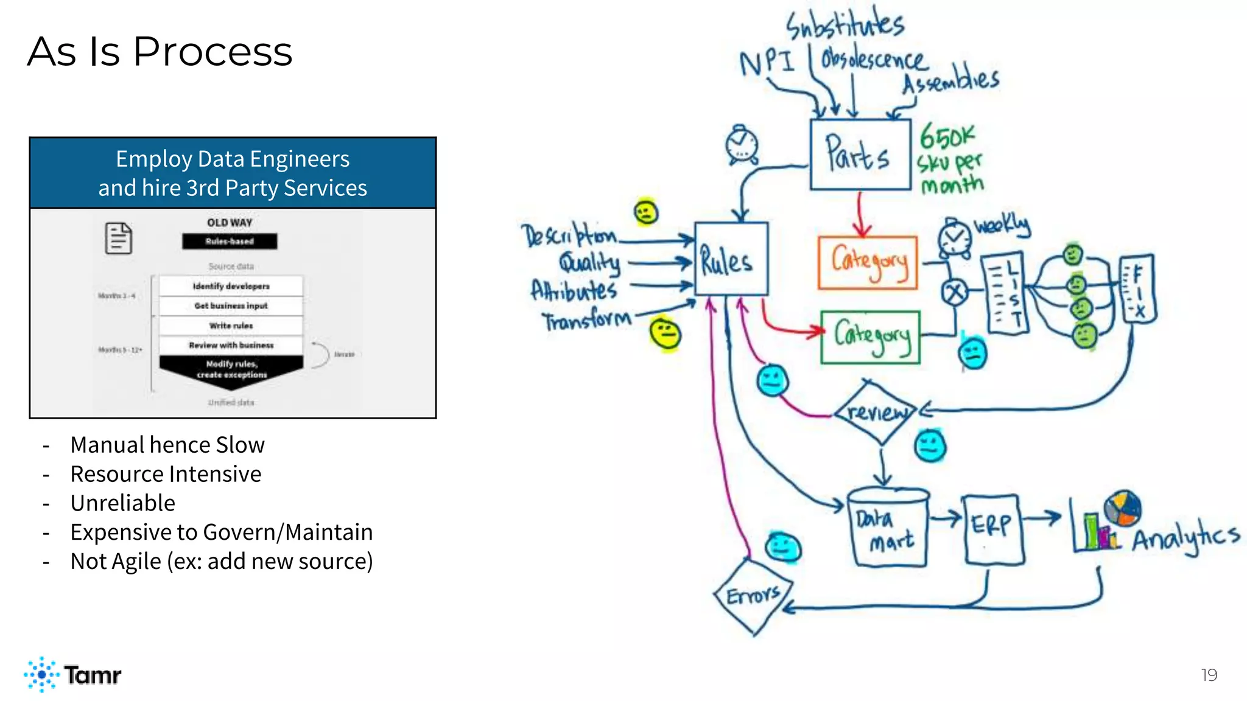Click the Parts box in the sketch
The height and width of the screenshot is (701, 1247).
(860, 155)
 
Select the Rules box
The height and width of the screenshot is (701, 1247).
(731, 259)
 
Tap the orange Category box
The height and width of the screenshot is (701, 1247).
(868, 262)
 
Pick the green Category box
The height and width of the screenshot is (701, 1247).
(870, 337)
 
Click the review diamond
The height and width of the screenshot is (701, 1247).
(876, 412)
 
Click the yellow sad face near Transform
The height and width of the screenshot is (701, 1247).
(664, 334)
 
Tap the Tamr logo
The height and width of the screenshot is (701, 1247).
(73, 674)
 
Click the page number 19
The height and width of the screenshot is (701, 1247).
(1209, 675)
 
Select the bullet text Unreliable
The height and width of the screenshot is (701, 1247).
(122, 503)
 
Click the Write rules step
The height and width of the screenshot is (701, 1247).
(231, 326)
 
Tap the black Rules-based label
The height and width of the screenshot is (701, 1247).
(230, 242)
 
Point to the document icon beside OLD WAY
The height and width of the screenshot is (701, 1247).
(119, 238)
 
